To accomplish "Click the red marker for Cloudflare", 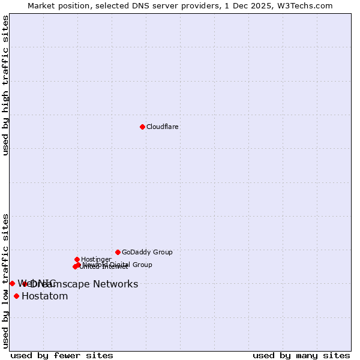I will coord(142,127).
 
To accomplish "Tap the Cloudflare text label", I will coord(163,127).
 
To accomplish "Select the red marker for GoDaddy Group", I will coord(118,252).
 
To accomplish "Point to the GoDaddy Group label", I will coord(147,252).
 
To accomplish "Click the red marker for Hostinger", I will coord(77,259).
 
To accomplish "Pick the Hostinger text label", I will coord(96,259).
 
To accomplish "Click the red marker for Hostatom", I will coord(16,296).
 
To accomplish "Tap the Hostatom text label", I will coord(44,296).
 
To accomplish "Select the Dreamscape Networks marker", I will coord(25,284).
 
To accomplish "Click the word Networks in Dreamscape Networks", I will coord(115,284).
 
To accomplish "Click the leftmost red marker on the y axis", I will coord(12,283).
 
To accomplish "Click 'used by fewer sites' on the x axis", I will coord(62,355).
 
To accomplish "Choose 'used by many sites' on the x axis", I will coord(301,355).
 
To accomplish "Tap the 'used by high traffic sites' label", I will coord(5,85).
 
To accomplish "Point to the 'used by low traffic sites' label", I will coord(5,280).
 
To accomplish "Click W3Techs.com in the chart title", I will coord(307,5).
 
